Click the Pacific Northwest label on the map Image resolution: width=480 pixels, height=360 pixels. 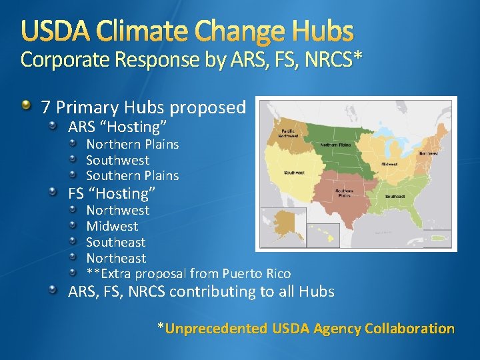point(289,133)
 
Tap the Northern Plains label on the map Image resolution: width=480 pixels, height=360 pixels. point(335,145)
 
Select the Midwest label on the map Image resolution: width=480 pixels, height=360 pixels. point(390,163)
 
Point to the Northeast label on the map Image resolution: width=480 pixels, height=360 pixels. point(428,153)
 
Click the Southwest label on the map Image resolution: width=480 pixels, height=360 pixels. point(294,173)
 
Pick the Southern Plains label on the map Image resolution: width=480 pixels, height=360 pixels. point(344,193)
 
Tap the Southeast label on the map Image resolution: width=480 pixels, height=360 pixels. point(395,197)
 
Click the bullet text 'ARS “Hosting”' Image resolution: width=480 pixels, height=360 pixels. point(117,127)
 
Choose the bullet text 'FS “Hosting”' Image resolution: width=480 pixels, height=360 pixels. point(112,193)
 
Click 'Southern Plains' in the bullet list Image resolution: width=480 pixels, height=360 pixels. point(132,176)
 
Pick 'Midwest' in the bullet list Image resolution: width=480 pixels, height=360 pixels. point(112,226)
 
